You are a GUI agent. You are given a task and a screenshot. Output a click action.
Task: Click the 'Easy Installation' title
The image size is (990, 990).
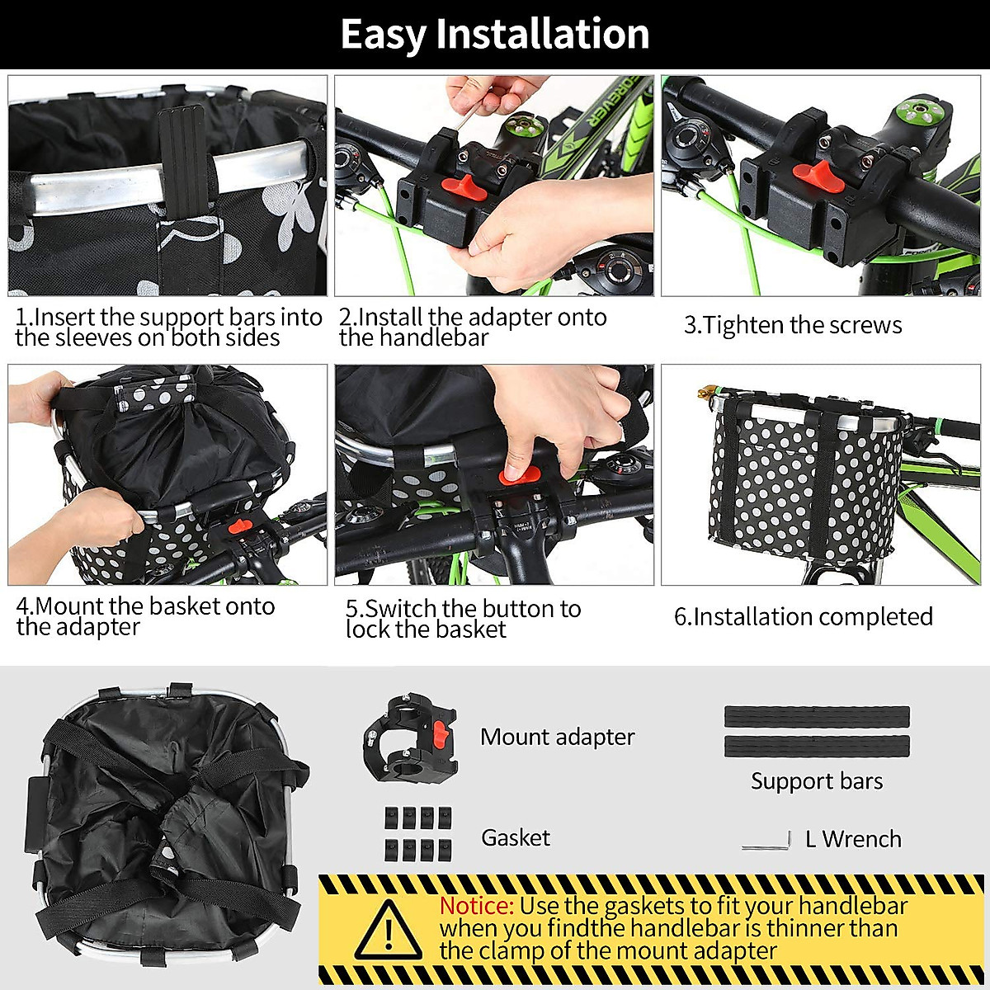point(495,35)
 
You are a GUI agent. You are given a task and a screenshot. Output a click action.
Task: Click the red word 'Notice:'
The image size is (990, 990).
point(476,906)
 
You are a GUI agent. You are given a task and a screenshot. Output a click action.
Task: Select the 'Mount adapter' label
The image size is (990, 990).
point(557,737)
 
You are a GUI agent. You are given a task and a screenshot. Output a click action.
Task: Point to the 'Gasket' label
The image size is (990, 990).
point(516,837)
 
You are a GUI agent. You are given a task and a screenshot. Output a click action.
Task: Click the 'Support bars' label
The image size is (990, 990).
point(816,780)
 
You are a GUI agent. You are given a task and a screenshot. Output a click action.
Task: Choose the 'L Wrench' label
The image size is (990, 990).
point(853,839)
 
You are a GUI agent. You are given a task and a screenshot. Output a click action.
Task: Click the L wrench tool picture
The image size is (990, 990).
point(767,841)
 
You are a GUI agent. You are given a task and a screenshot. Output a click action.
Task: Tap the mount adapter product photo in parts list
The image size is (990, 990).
point(410,738)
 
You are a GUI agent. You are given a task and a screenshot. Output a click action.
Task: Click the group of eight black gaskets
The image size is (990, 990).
point(418,832)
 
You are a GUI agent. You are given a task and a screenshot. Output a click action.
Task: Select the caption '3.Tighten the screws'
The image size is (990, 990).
point(793,325)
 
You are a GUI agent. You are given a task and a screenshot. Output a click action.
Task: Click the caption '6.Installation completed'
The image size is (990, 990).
point(803,616)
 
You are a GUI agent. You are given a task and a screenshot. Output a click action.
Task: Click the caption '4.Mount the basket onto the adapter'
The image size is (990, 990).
point(145,616)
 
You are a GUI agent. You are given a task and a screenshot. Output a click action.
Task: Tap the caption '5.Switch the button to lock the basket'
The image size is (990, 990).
point(463,619)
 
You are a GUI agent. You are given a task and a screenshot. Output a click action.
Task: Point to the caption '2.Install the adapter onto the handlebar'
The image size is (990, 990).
point(473,327)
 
